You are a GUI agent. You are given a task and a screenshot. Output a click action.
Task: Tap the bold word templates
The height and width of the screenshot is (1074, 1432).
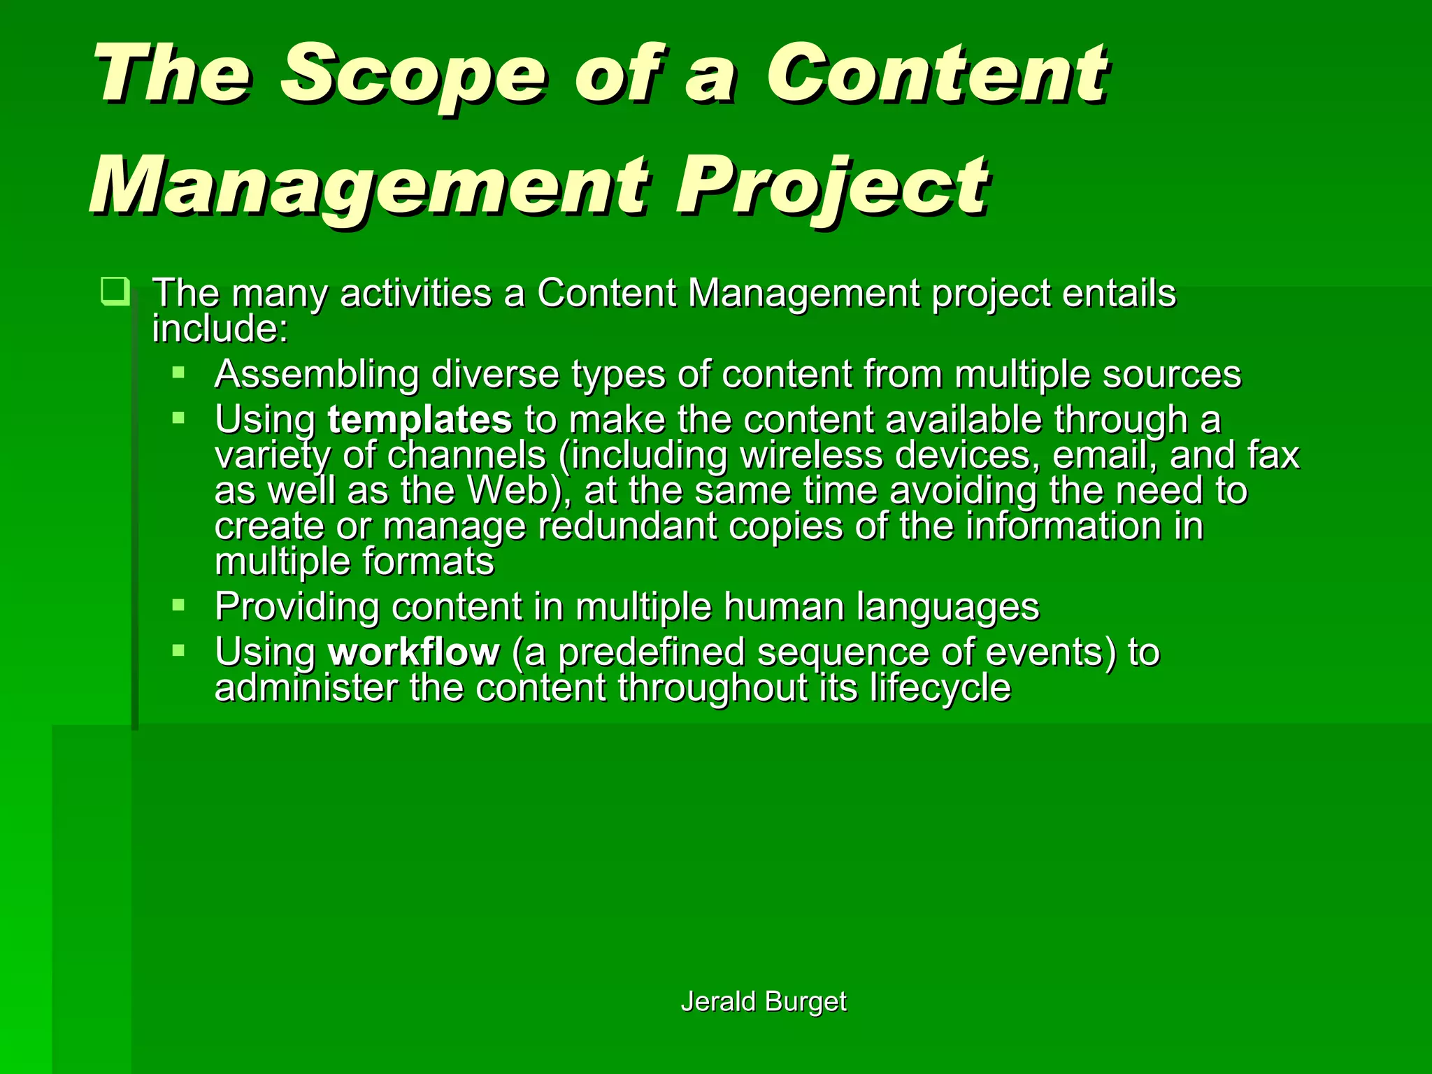click(420, 420)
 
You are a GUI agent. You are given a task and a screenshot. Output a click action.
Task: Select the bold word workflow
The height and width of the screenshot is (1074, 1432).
click(414, 652)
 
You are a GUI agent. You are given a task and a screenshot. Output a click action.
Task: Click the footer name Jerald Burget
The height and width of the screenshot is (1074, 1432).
click(764, 1001)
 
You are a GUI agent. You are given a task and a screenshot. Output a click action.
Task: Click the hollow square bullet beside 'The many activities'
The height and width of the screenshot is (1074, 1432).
click(115, 291)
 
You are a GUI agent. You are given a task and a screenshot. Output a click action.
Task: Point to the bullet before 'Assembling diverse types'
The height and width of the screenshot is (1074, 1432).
click(179, 373)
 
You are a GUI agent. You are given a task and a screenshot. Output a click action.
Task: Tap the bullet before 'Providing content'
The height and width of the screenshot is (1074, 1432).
click(179, 605)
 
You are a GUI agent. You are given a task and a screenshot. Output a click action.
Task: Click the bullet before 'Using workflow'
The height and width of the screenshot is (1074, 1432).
click(179, 651)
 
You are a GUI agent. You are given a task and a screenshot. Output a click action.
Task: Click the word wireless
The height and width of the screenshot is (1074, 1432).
click(811, 455)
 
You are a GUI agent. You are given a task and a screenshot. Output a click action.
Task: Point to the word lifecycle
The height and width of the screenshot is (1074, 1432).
click(940, 688)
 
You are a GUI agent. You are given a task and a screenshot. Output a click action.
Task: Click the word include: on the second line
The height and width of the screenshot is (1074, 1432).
click(220, 329)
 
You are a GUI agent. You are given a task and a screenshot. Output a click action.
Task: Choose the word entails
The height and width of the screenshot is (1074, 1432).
click(1119, 293)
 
